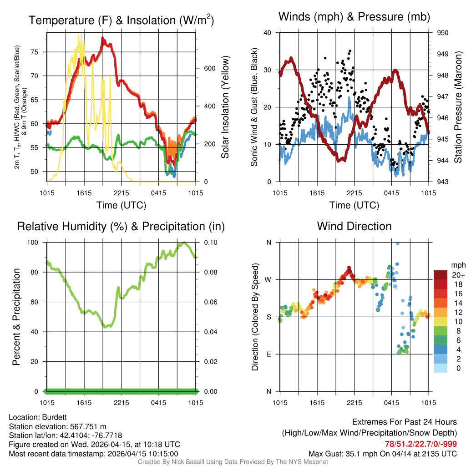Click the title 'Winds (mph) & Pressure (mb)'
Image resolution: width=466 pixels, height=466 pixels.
coord(354,17)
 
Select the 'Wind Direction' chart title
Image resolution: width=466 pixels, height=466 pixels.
coord(354,226)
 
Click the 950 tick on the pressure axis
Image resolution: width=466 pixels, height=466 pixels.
coord(442,33)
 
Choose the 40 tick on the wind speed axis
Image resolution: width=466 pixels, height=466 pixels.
coord(268,33)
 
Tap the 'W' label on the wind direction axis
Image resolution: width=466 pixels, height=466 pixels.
coord(268,279)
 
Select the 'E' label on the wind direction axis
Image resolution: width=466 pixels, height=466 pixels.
coord(269,354)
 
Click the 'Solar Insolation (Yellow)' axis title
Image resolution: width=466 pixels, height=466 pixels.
coord(225,107)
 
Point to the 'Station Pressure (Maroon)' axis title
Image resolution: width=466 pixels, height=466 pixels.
coord(458,107)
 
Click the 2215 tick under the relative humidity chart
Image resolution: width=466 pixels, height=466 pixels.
coord(122,402)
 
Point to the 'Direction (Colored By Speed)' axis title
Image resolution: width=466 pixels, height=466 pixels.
coord(255,317)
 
